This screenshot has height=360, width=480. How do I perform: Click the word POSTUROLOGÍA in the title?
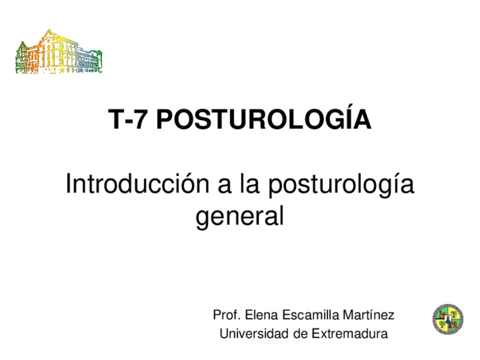tap(263, 120)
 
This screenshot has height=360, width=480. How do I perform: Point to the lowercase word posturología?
tap(341, 186)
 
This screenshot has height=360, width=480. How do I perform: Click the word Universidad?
tap(254, 334)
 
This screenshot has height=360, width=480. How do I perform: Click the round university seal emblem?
tap(448, 319)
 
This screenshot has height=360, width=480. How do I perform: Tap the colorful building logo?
tap(59, 53)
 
